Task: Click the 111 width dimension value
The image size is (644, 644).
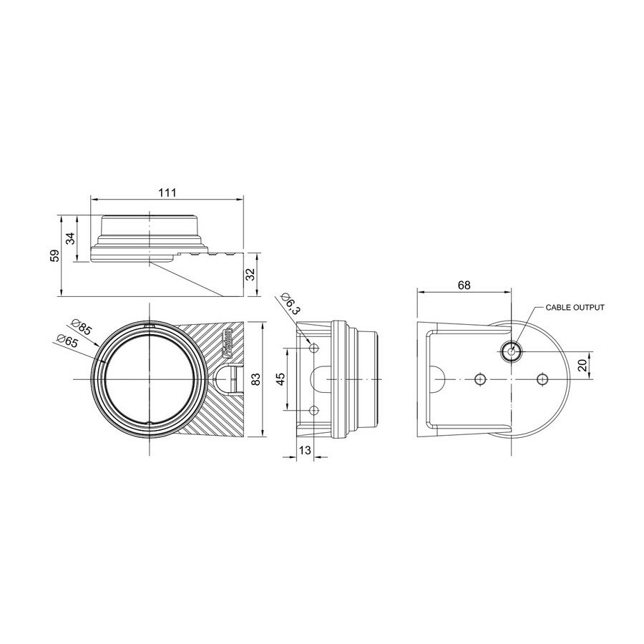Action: pos(167,193)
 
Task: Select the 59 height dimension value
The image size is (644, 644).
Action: pos(56,255)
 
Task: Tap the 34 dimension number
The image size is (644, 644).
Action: pos(71,239)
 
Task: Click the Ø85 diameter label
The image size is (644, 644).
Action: pos(84,329)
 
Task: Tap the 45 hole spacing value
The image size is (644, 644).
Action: pos(280,379)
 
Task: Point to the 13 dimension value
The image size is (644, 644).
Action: pos(305,449)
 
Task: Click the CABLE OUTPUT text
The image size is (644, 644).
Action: pos(575,307)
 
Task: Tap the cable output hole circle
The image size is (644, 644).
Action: pos(511,351)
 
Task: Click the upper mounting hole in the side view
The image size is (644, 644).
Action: pos(314,348)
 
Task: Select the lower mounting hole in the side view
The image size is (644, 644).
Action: pos(314,410)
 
